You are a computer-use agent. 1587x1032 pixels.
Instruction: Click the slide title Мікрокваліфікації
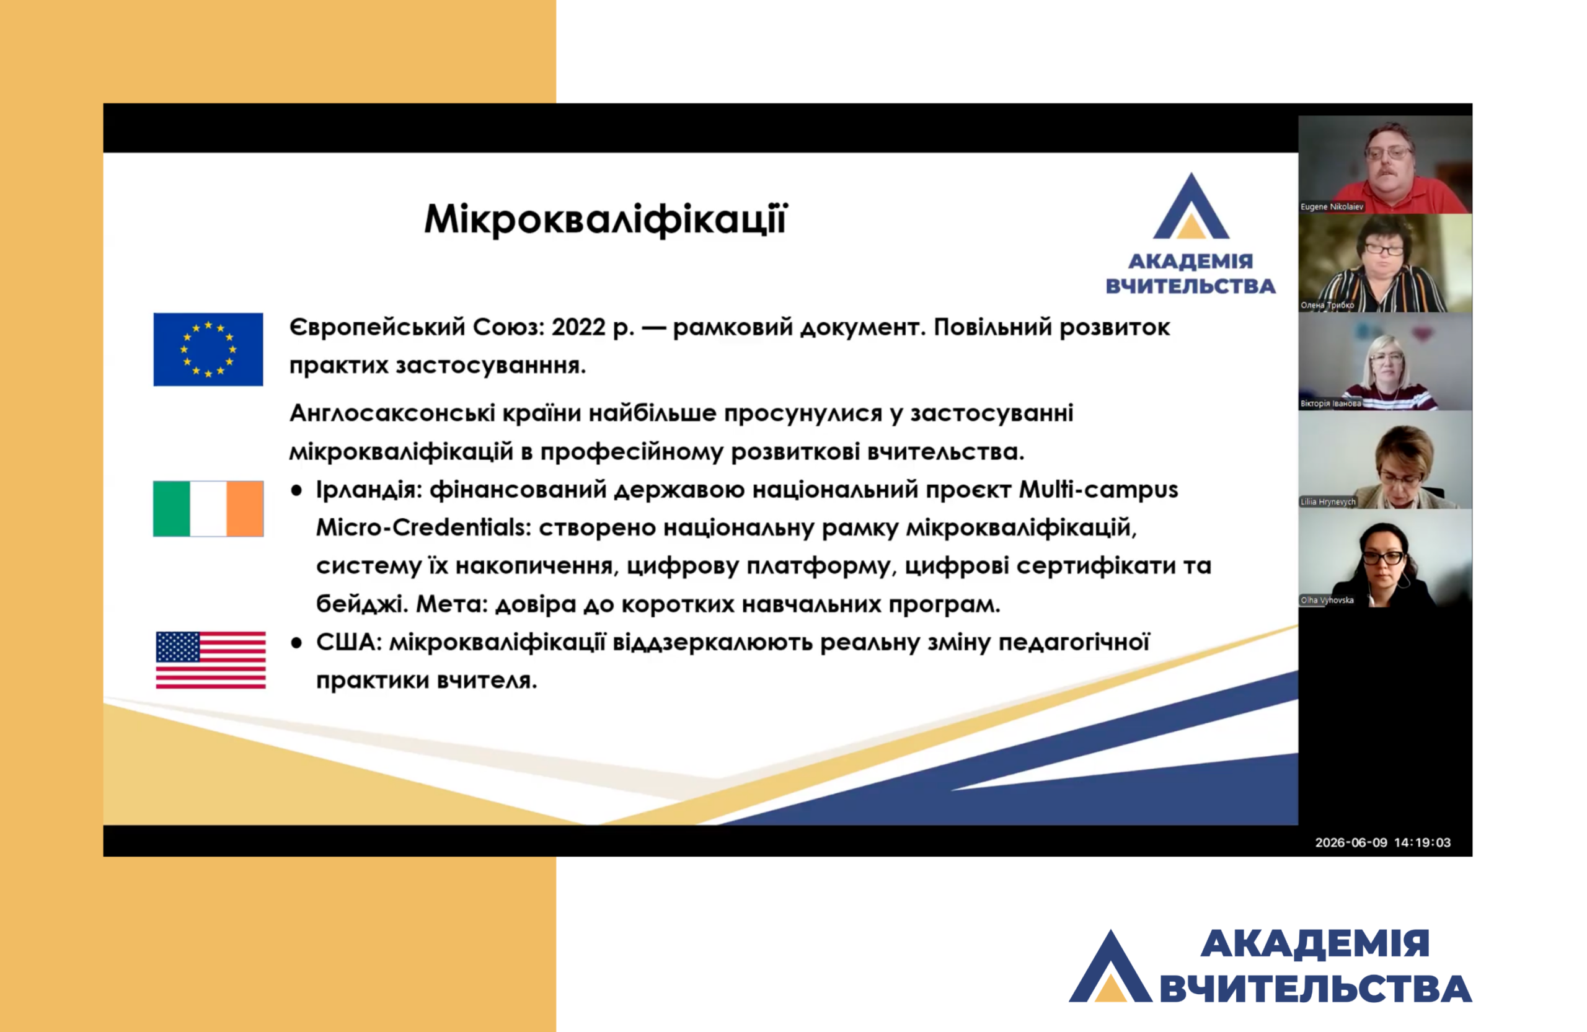[606, 219]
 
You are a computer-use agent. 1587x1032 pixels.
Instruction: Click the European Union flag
[208, 350]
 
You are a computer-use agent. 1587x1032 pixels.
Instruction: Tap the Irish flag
[208, 509]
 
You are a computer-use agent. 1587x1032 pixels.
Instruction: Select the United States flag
[211, 660]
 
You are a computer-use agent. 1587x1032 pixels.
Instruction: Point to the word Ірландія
[369, 490]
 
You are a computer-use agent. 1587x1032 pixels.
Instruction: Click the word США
[349, 642]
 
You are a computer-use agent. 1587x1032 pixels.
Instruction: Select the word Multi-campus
[1099, 490]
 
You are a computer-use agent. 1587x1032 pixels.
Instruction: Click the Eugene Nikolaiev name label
[1332, 206]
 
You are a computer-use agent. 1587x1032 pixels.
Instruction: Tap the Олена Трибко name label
[1327, 306]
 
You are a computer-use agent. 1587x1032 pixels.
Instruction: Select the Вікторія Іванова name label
[1330, 404]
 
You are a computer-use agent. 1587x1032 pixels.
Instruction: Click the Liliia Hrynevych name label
[1328, 501]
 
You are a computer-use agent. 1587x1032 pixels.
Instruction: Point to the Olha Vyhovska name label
[1327, 600]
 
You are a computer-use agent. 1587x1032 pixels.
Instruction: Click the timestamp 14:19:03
[1422, 843]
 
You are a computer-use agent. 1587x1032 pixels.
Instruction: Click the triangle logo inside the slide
[1191, 206]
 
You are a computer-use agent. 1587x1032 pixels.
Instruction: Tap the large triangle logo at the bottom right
[1110, 966]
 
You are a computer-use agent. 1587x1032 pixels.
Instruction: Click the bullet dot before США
[296, 643]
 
